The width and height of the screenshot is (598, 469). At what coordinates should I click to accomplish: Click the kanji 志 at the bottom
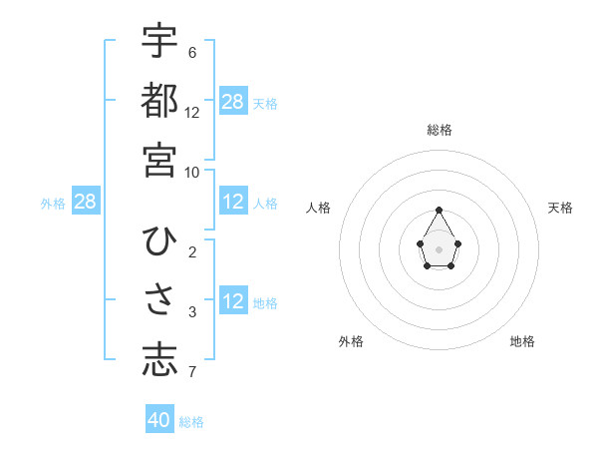coord(159,360)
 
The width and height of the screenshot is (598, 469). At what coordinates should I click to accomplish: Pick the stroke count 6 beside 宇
coord(191,52)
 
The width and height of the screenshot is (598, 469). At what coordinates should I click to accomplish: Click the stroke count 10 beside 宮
coord(192,172)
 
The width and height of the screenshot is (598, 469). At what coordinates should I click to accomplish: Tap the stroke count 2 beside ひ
coord(191,252)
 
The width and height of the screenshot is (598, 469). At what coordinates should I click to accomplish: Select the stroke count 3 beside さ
coord(191,313)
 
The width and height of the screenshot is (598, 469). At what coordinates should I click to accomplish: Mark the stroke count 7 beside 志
coord(191,373)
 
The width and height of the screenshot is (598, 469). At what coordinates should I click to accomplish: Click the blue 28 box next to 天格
coord(233,101)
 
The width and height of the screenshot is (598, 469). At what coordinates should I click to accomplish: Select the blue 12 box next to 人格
coord(233,202)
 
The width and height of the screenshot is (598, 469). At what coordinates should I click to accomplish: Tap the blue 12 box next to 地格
coord(233,301)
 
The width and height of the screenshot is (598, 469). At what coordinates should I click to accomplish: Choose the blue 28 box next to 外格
coord(86,202)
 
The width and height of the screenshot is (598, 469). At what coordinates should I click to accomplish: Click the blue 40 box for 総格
coord(159,420)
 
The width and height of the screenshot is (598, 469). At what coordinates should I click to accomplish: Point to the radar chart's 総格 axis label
coord(440,130)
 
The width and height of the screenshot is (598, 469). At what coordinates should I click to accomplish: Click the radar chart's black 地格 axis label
coord(522,341)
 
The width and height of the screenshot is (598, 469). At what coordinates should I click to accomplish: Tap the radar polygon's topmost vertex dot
coord(440,210)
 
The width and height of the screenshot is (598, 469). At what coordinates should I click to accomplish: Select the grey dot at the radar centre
coord(440,248)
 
